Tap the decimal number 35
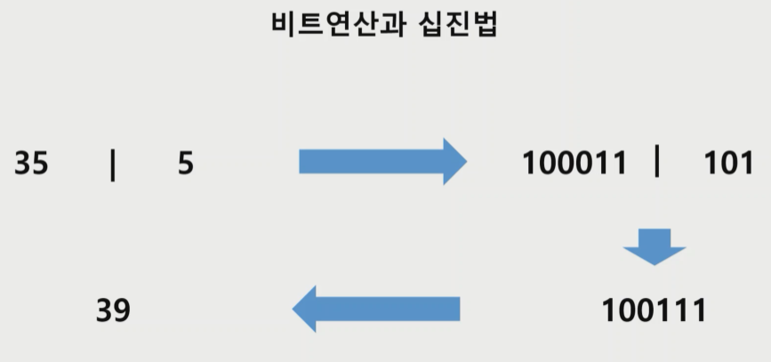[31, 165]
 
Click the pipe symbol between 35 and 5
[113, 165]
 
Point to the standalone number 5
[185, 165]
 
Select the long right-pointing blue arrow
[382, 161]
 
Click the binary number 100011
[574, 164]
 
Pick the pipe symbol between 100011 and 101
[657, 162]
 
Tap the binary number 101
[728, 164]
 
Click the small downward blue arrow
[655, 246]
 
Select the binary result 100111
[654, 310]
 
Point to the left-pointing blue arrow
[376, 309]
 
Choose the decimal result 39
[113, 310]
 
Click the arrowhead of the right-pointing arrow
[454, 161]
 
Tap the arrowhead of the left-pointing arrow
[306, 309]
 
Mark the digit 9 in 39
[122, 310]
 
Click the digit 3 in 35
[22, 165]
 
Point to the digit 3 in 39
[104, 310]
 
